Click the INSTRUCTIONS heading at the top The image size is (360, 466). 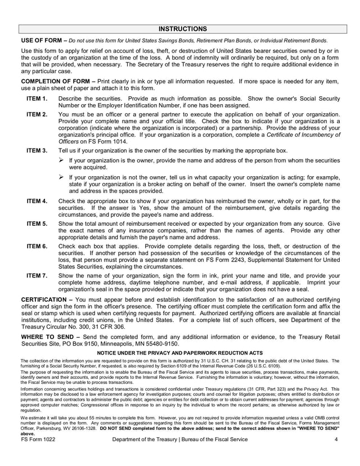[182, 29]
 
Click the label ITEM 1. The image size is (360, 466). [37, 99]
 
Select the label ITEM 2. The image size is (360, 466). [37, 114]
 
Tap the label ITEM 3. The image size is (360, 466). [37, 151]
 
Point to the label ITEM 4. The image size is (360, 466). [37, 201]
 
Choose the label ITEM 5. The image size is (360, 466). [37, 223]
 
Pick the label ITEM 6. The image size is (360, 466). [37, 247]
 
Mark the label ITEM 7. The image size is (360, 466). [37, 276]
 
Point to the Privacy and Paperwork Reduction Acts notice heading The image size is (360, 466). [180, 352]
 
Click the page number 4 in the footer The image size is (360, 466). [335, 455]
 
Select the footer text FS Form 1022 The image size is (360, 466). [38, 455]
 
